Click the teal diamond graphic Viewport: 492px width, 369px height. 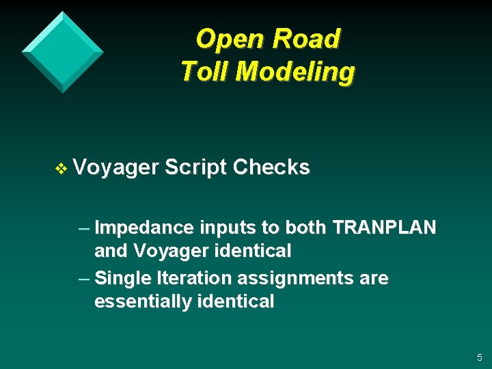tap(62, 51)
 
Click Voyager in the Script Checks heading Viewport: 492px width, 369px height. tap(115, 168)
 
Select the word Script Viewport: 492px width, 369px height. tap(195, 168)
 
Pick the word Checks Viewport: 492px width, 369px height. tap(271, 167)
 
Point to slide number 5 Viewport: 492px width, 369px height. tap(479, 357)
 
